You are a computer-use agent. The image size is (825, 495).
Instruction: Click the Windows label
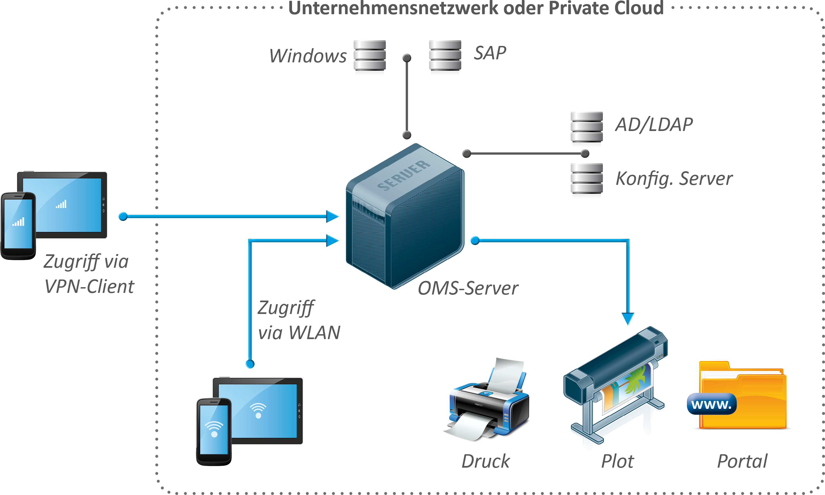(308, 56)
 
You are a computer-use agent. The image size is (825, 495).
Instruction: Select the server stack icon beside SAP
(445, 55)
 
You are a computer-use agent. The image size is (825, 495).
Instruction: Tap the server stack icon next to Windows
(369, 55)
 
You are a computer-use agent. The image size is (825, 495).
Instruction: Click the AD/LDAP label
(653, 125)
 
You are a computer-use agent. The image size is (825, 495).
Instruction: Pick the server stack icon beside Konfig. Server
(586, 179)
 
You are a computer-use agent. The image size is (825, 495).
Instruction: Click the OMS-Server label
(468, 288)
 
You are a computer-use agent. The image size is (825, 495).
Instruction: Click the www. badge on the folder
(711, 404)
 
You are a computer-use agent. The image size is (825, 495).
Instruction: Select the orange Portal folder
(753, 400)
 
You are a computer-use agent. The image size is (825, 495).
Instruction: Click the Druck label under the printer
(485, 461)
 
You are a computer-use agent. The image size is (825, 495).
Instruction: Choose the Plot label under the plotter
(617, 461)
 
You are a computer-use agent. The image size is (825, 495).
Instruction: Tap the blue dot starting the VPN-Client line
(123, 217)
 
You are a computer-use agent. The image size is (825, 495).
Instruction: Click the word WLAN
(314, 333)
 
